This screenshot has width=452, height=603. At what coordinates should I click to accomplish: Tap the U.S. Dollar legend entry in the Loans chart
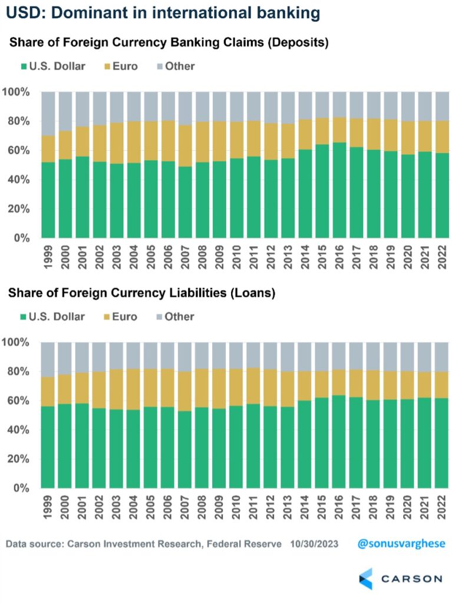point(52,317)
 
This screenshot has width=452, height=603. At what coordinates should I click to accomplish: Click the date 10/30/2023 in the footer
point(314,544)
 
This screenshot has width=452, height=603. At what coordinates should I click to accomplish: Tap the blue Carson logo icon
point(366,578)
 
